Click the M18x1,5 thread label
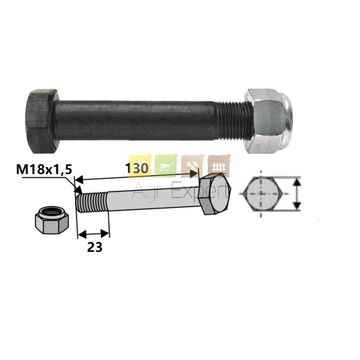pos(44,170)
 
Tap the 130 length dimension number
pos(137,168)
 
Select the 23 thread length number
pos(95,247)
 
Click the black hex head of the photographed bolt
pos(42,121)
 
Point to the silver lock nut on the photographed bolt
pos(268,121)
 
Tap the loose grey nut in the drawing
pos(52,220)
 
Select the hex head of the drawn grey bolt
pos(214,194)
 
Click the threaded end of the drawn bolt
pos(92,203)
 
